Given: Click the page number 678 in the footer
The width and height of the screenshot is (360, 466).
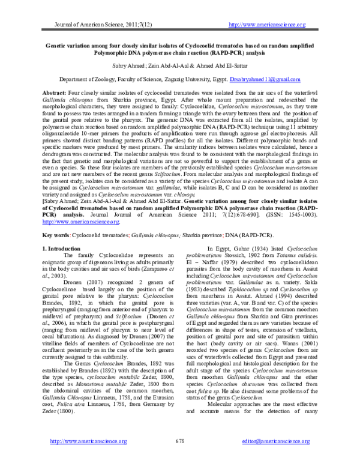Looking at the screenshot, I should [179, 440].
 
